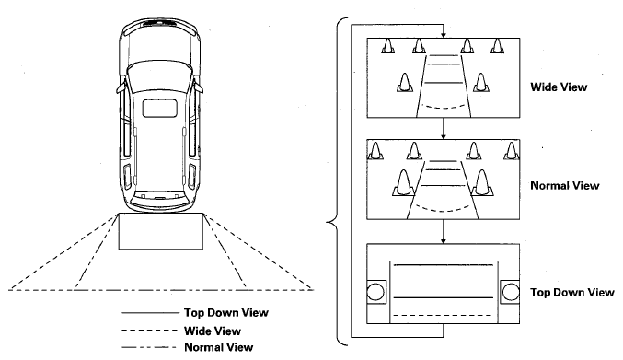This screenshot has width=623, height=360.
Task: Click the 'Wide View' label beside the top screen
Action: point(559,87)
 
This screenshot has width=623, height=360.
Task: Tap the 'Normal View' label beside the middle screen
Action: point(565,186)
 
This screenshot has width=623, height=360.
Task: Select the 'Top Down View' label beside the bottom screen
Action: point(572,293)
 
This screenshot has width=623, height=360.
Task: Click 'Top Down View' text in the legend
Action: point(226,313)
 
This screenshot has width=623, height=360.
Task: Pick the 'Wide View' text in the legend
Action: point(213,331)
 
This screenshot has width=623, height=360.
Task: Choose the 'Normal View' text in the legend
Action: point(218,347)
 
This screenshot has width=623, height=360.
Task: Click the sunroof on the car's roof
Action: point(160,109)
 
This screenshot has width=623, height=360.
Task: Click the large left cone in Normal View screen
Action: point(403,183)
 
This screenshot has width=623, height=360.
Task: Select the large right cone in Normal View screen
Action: point(482,183)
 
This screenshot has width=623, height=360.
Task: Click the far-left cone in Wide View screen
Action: point(388,46)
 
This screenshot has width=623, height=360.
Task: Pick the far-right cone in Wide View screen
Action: point(497,46)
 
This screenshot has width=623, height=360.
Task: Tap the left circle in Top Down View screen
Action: point(375,293)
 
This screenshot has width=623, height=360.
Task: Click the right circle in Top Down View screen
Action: point(511,293)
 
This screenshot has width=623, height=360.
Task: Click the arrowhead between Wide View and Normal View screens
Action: point(444,136)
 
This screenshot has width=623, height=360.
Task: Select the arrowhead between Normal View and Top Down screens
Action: point(444,240)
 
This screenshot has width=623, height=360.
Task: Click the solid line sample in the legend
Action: point(150,313)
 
